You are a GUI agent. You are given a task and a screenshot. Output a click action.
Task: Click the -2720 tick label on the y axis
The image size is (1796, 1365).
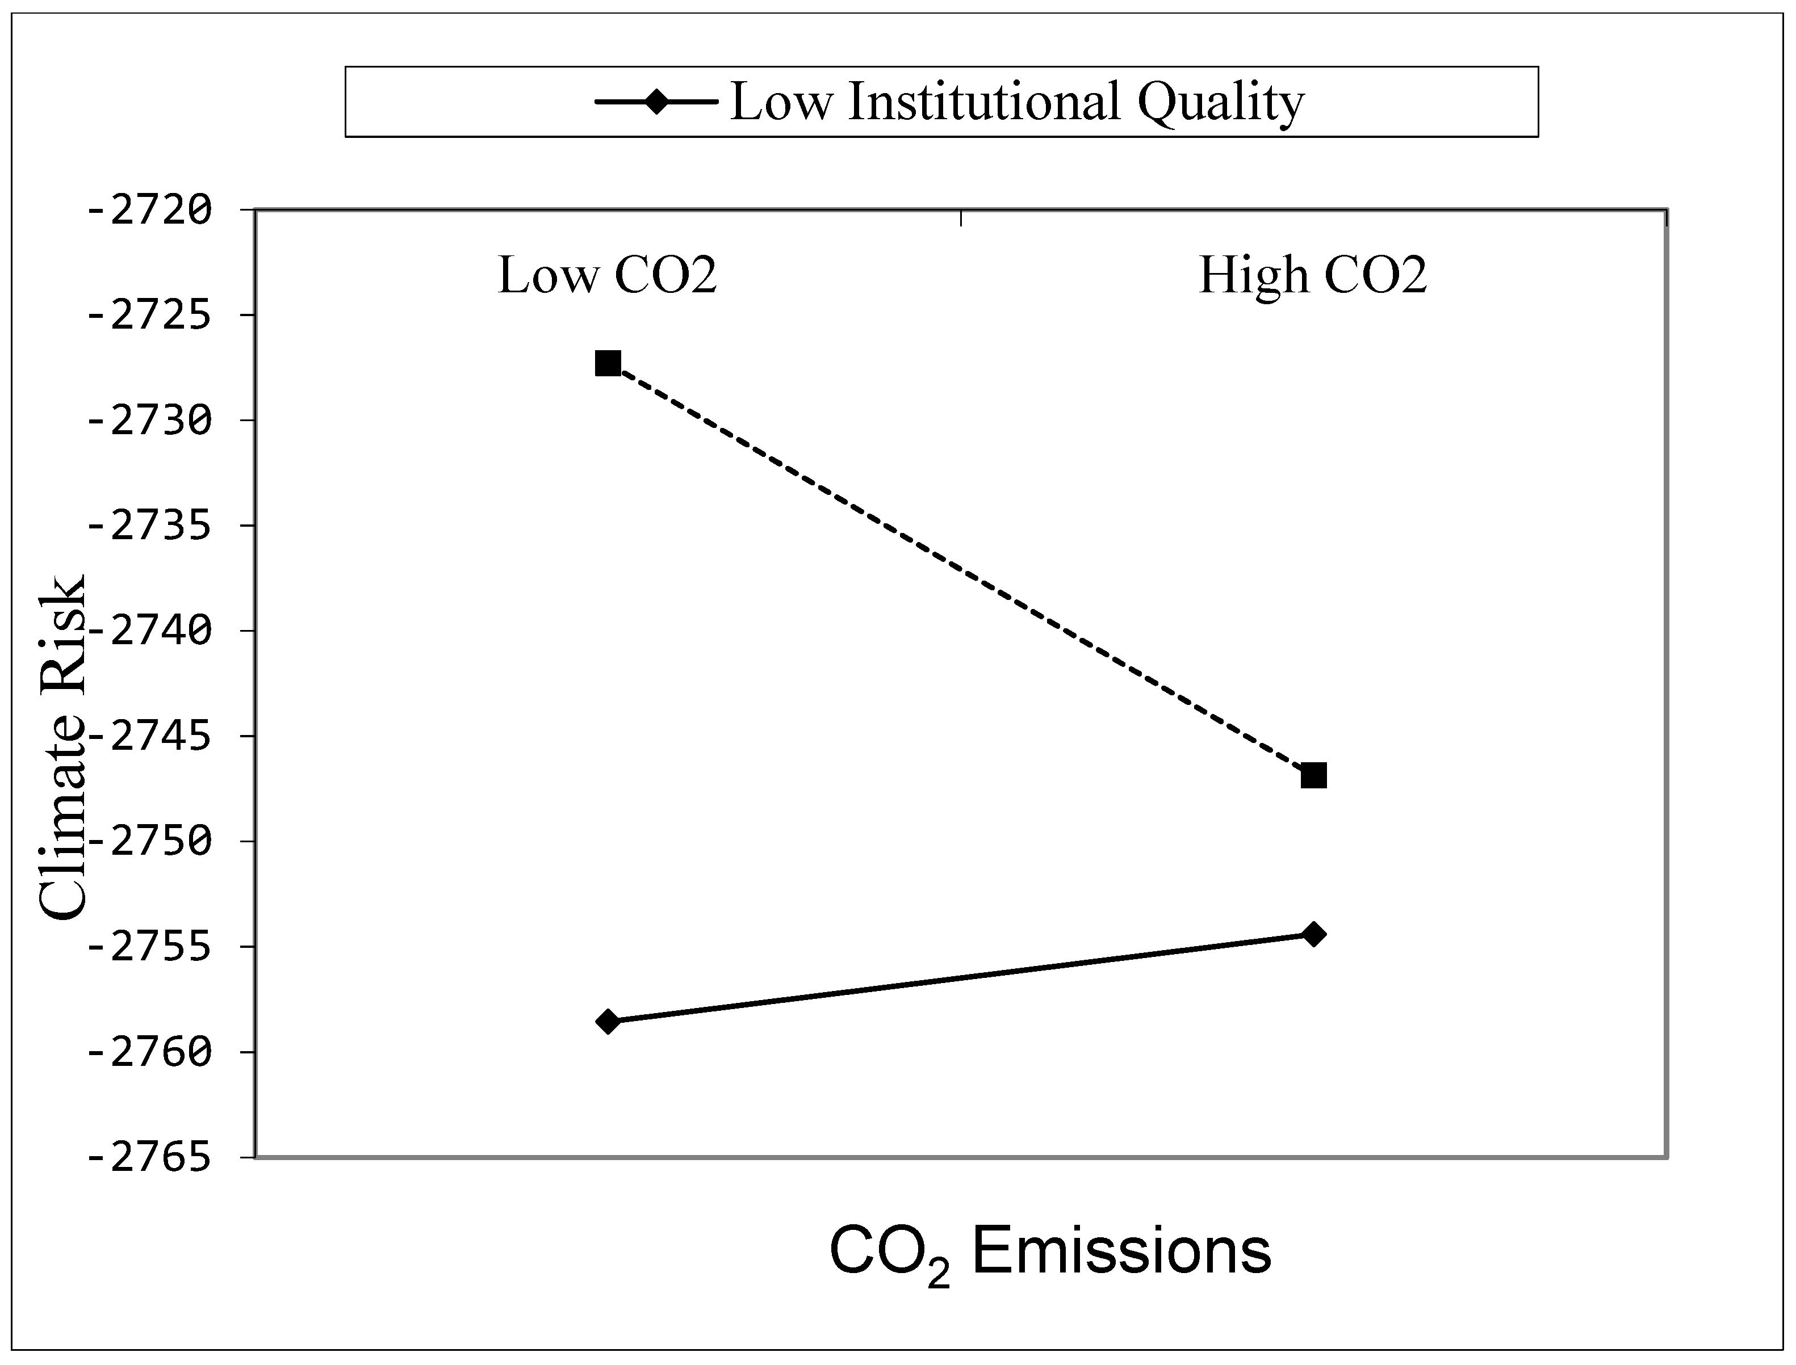tap(149, 211)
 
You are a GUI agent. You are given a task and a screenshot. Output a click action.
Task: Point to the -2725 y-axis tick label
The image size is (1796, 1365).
tap(149, 315)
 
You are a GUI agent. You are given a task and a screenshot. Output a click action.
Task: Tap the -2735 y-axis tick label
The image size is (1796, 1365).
tap(149, 526)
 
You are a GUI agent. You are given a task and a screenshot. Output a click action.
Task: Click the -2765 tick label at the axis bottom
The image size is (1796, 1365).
tap(149, 1158)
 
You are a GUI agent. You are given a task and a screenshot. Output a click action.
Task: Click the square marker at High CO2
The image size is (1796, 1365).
tap(1313, 775)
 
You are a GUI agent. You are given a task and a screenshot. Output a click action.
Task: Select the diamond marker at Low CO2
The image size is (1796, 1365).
tap(608, 1021)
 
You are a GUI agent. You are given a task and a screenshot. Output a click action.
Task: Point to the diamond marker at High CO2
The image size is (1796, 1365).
tap(1313, 934)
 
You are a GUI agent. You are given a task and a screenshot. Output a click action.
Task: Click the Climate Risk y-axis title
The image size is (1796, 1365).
tap(62, 747)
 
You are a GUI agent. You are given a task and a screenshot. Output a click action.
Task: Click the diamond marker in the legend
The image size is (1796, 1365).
tap(656, 102)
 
